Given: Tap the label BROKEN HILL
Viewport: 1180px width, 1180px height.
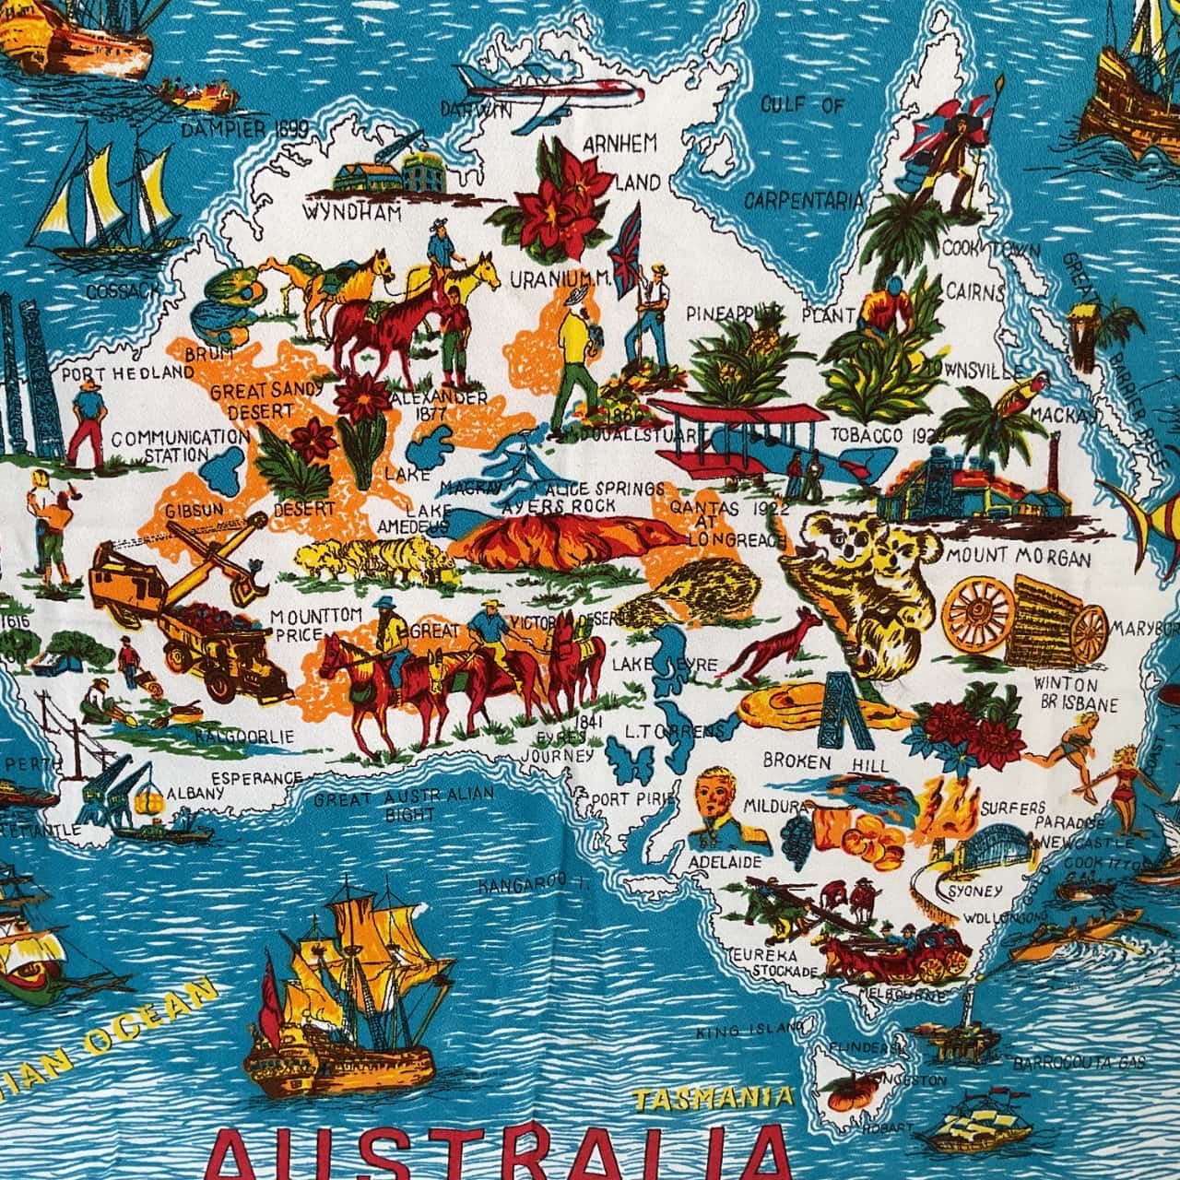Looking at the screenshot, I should point(826,764).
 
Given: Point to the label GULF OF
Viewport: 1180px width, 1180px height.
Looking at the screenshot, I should point(802,105).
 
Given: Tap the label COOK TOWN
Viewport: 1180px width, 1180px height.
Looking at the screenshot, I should point(991,250).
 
